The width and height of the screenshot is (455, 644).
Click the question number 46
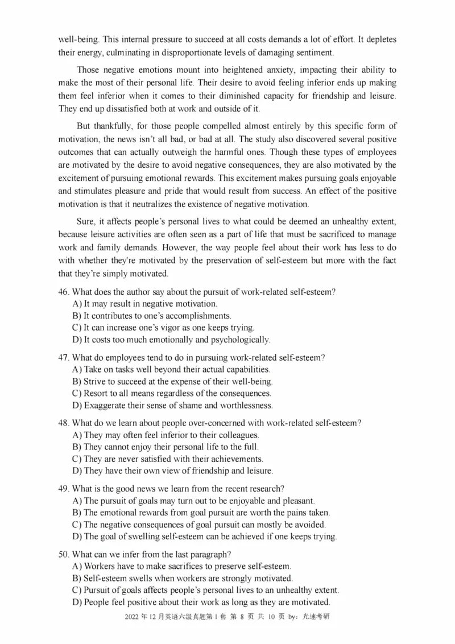pos(63,292)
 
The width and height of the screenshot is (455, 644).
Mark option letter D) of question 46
pos(77,340)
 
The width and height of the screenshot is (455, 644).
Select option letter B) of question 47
pos(77,381)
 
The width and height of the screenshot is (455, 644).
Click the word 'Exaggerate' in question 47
pos(106,406)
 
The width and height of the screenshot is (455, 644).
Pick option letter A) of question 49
pos(77,501)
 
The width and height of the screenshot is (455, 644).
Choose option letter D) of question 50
pos(77,602)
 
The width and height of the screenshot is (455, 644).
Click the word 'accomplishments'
pos(198,316)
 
